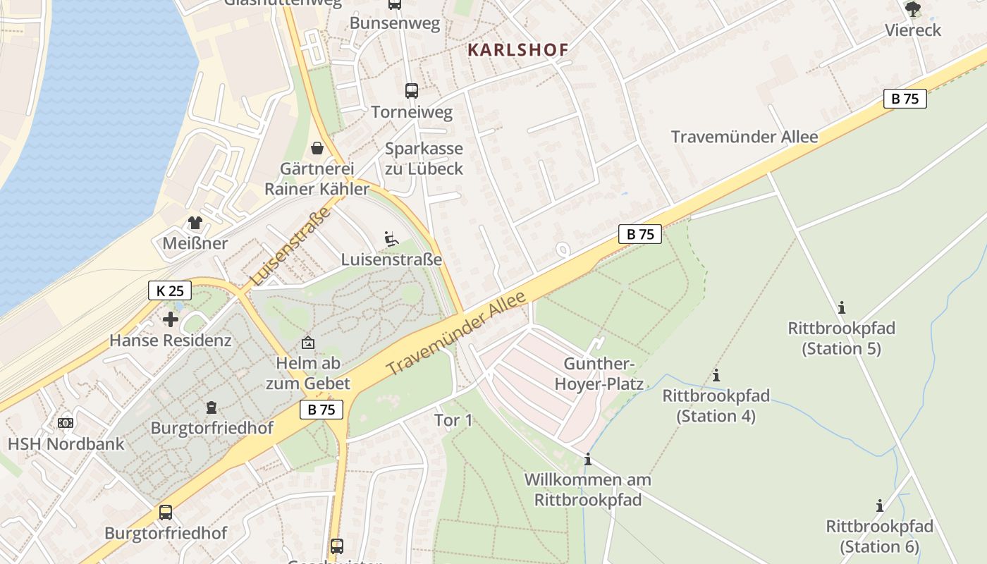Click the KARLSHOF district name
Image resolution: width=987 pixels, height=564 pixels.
(517, 49)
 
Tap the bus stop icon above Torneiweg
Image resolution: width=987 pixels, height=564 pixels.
(412, 91)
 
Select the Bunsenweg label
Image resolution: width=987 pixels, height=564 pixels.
(395, 23)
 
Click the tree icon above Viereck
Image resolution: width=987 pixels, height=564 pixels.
(913, 9)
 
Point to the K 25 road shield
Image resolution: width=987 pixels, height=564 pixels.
(170, 290)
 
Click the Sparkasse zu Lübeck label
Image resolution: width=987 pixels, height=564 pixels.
(424, 159)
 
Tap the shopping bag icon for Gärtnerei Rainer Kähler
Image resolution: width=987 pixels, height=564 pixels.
(317, 148)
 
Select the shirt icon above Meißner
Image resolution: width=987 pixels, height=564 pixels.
(195, 223)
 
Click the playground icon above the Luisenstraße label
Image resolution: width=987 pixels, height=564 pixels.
(391, 239)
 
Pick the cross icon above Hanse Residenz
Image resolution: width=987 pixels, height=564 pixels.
(170, 319)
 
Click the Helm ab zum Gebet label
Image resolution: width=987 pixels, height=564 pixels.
(308, 374)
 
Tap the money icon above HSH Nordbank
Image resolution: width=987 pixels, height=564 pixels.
(66, 423)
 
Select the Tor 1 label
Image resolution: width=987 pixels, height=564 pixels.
(453, 421)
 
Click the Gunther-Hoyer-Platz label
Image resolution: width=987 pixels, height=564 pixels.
(599, 374)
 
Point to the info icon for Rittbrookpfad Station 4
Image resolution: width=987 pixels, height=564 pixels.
(716, 375)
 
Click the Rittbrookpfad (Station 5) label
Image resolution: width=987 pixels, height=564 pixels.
(841, 338)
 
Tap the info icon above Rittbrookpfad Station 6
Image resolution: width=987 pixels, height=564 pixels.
(880, 505)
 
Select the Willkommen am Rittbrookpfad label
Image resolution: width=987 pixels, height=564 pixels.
(588, 490)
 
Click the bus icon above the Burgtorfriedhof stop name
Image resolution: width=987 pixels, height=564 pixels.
(166, 512)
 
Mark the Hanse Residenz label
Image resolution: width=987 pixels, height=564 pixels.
(170, 341)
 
